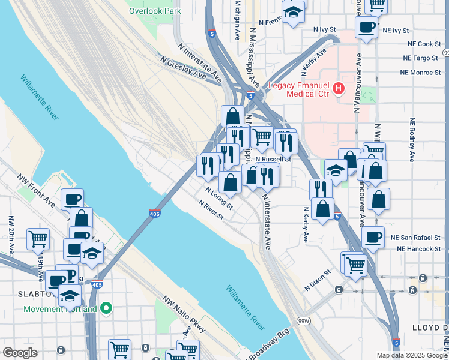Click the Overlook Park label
click(x=154, y=11)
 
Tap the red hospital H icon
click(x=339, y=89)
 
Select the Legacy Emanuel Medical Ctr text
click(x=298, y=89)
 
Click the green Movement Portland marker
click(x=106, y=309)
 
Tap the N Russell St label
click(x=273, y=160)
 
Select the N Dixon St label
click(x=318, y=280)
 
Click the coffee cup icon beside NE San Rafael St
click(x=372, y=236)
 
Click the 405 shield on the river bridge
click(x=155, y=213)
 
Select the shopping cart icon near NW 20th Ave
click(x=38, y=238)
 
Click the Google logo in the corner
click(x=20, y=353)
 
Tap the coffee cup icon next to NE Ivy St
click(x=366, y=26)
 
